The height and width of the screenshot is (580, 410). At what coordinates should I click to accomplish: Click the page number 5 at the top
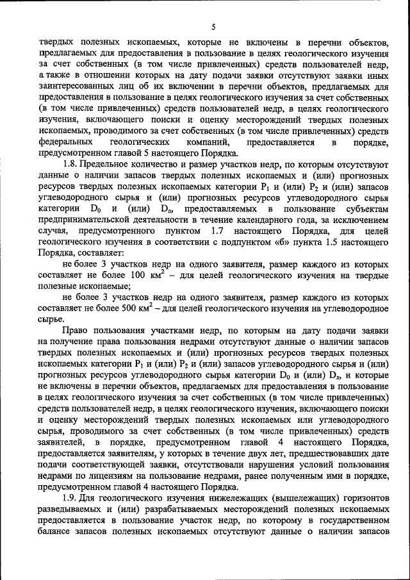pos(213,26)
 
